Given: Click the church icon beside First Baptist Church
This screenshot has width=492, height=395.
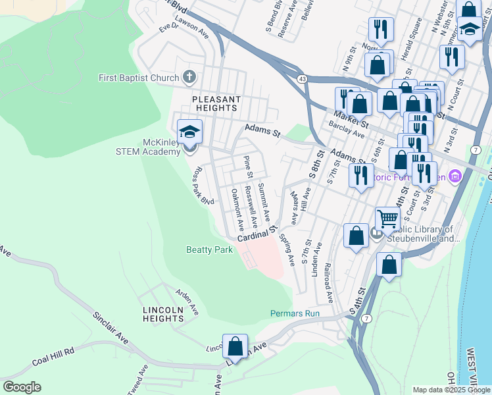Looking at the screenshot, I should [x=189, y=78].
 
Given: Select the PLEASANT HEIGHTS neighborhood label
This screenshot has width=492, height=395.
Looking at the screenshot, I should [x=216, y=103].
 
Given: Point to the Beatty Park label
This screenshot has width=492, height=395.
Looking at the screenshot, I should [x=210, y=250].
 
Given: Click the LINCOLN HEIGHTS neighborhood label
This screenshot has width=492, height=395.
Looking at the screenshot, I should [x=163, y=314].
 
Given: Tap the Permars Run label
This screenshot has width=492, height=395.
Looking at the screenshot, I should [x=295, y=313].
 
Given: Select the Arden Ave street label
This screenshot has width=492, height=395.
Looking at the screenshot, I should [x=187, y=300].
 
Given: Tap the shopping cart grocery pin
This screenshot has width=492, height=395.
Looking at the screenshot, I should [x=388, y=219].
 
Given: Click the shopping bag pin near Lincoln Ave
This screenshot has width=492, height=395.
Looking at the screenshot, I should [x=235, y=346].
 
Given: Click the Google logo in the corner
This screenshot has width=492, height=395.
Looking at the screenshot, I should [x=21, y=387].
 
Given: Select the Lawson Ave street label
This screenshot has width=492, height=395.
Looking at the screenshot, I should [x=192, y=32].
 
